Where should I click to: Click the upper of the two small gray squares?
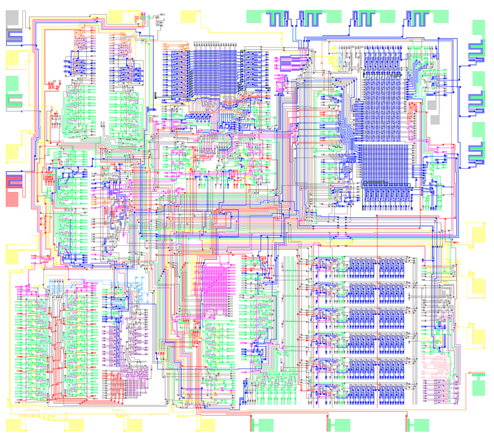431,105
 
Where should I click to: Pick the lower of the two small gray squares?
435,120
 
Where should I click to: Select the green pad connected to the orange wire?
478,388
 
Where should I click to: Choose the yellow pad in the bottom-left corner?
14,425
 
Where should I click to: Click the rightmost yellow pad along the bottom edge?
208,425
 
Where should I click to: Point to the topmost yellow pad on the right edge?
478,235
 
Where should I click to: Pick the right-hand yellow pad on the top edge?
188,16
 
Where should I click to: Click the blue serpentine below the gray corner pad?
15,36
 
